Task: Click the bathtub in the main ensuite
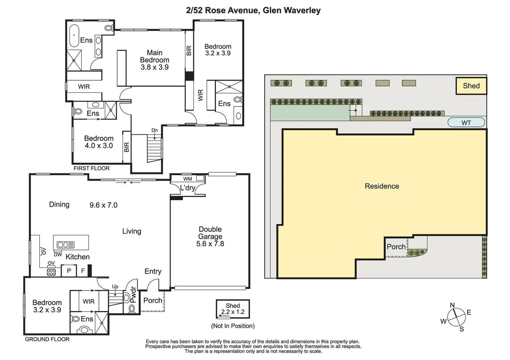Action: tap(74, 35)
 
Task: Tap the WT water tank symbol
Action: tap(466, 123)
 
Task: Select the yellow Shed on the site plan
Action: tap(471, 86)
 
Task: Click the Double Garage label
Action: tap(210, 233)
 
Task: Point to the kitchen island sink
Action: tap(65, 245)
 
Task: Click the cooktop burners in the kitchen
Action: tap(51, 272)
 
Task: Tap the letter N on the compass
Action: tap(452, 305)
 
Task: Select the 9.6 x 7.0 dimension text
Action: tap(103, 205)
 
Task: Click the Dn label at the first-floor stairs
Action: tap(155, 130)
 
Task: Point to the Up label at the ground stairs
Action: tap(115, 287)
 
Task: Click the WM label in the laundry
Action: tap(187, 179)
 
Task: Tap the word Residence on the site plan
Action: tap(382, 186)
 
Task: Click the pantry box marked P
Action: tap(69, 271)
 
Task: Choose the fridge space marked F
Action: tap(83, 271)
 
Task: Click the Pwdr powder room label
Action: tap(133, 295)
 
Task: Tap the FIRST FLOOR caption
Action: tap(91, 168)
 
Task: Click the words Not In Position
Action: tap(233, 326)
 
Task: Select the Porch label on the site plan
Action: tap(396, 247)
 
